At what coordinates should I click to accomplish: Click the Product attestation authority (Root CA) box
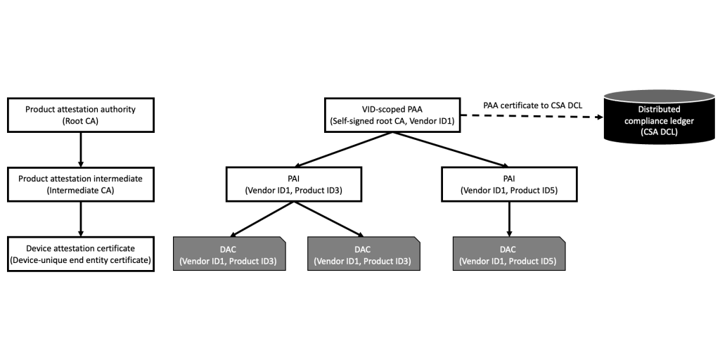pyautogui.click(x=80, y=115)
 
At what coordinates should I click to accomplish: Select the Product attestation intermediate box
pyautogui.click(x=80, y=184)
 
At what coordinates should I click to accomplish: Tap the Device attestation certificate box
pyautogui.click(x=80, y=254)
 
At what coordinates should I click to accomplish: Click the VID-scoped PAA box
pyautogui.click(x=392, y=115)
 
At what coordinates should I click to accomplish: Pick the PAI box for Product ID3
pyautogui.click(x=295, y=184)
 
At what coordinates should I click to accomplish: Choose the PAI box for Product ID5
pyautogui.click(x=509, y=184)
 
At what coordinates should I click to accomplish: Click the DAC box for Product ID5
pyautogui.click(x=509, y=254)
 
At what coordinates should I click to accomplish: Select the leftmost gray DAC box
pyautogui.click(x=230, y=254)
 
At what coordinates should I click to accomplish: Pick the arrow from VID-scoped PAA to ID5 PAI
pyautogui.click(x=450, y=149)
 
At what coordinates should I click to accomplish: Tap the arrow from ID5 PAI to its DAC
pyautogui.click(x=509, y=219)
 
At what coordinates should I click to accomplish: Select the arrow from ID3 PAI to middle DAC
pyautogui.click(x=329, y=219)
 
